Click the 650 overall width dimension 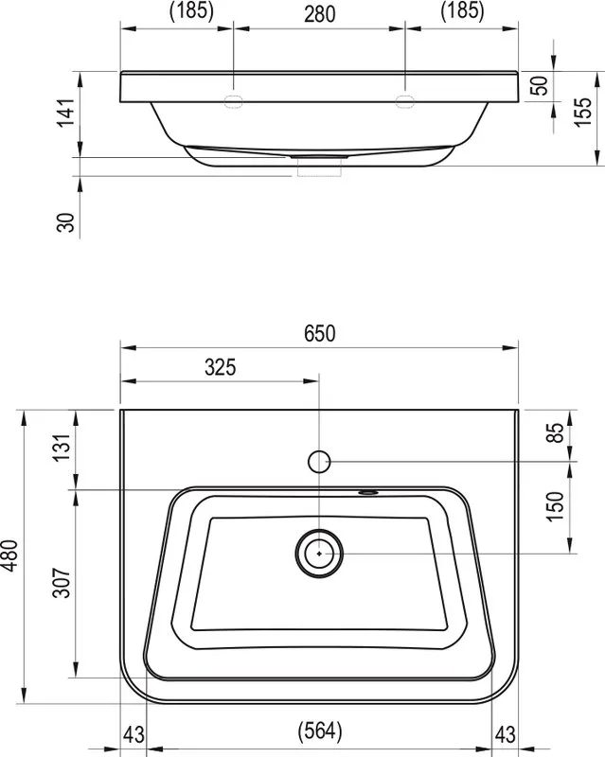coord(319,333)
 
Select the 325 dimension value coord(221,367)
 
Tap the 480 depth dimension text coord(10,555)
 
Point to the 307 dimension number coord(62,583)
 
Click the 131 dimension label coord(62,448)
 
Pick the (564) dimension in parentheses coord(320,731)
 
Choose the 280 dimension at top coord(319,14)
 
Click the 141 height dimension coord(65,113)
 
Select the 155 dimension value coord(583,112)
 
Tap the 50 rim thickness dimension coord(540,85)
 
